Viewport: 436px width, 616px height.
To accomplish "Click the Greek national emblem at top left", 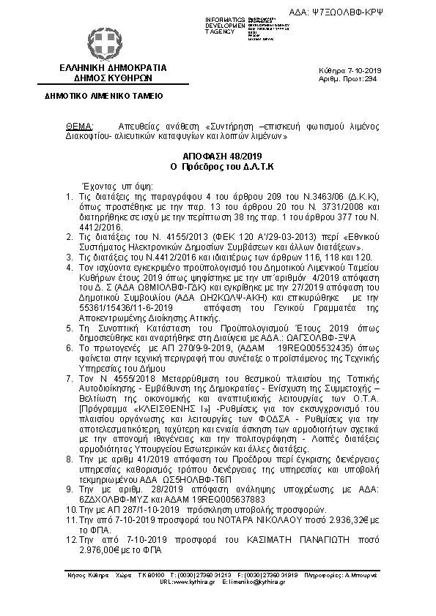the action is tap(102, 43).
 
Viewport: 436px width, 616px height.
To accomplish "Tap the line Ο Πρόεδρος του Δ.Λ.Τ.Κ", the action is tap(218, 167).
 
